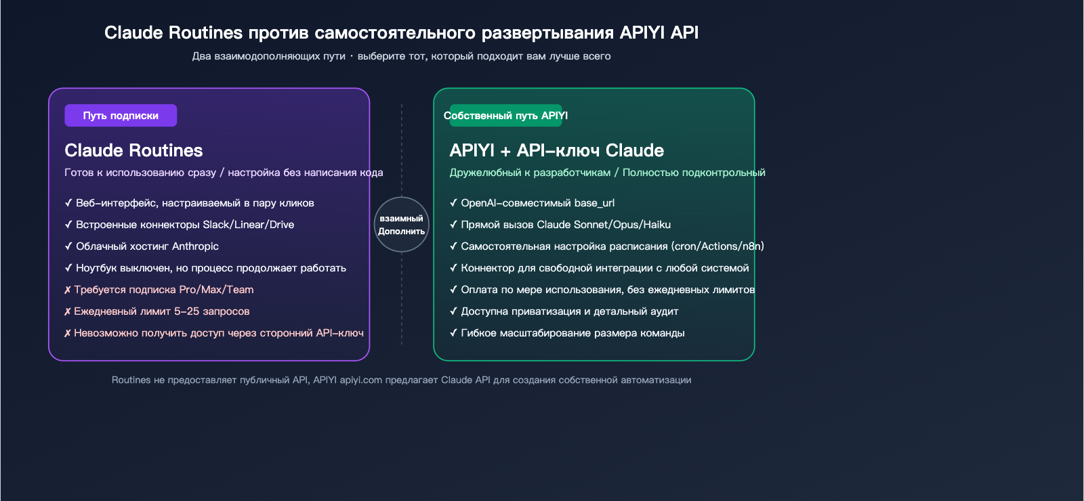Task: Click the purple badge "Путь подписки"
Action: (121, 116)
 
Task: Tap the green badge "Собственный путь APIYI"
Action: (505, 116)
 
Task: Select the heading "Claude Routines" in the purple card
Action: (133, 150)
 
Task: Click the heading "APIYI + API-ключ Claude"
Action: (556, 150)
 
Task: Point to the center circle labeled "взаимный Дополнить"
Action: (402, 225)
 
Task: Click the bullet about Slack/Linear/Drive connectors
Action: (184, 225)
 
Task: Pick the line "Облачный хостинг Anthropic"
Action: (147, 246)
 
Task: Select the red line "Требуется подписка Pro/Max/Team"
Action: (163, 290)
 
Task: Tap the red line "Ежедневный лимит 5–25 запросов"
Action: (161, 311)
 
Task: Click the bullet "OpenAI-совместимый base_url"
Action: (537, 203)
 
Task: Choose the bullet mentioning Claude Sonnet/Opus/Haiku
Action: (566, 225)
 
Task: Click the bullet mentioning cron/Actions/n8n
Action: (612, 246)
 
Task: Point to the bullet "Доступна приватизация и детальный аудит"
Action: (569, 311)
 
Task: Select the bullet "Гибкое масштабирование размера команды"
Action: (572, 333)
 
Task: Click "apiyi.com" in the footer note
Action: (360, 380)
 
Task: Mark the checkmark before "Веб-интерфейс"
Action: (68, 203)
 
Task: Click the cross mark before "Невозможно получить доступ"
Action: (68, 333)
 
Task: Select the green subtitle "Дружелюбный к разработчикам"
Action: (530, 173)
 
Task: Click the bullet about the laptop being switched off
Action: (211, 268)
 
